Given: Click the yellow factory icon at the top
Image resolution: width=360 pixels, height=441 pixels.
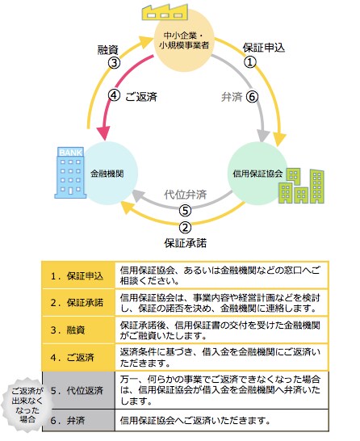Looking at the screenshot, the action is pos(165,12).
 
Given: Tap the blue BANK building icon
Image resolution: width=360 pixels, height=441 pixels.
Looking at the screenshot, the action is pos(70,173).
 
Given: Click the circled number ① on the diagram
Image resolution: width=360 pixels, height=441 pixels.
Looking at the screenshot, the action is pos(250,62).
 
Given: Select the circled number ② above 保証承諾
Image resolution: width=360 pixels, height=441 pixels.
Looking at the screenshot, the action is pos(185,228).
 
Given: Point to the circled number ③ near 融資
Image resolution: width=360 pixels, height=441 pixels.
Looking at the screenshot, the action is pos(114,63).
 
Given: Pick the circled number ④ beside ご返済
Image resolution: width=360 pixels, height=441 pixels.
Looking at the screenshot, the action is pos(114,95).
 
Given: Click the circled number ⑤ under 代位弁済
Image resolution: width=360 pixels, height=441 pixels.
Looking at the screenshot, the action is pos(185,211).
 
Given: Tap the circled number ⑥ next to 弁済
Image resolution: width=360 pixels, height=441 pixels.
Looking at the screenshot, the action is pos(252,97).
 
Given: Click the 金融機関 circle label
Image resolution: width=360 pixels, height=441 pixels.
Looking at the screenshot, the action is pos(107,174).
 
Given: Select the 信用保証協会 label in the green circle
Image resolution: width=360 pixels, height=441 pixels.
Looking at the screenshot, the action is pos(257,174).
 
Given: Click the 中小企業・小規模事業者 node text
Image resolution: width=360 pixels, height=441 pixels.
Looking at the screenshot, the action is pos(184,40).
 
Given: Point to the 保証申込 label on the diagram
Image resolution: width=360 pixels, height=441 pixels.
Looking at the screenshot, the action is pos(264,48).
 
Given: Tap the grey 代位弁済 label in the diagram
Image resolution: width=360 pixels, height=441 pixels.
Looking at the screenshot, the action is pos(186,195).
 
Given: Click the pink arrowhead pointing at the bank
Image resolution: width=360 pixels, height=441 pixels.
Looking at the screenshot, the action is pos(103,133).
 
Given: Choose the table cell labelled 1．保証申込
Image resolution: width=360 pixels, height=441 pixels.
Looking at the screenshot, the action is pos(78,275).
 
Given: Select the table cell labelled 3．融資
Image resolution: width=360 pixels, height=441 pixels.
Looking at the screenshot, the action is pos(78,330).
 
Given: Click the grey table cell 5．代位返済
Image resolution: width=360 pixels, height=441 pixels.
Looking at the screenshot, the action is pos(78,390).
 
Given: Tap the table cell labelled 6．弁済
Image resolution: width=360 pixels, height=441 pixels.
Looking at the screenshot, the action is pos(78,420).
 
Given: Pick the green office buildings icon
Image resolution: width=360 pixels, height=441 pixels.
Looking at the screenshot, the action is pos(301,186).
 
